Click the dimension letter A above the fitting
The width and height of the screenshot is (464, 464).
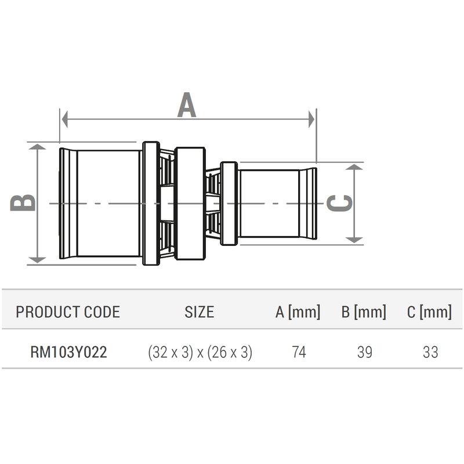pyautogui.click(x=187, y=105)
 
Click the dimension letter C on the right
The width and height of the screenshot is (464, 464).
pyautogui.click(x=340, y=203)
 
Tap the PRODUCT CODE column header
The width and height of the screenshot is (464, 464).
pyautogui.click(x=68, y=312)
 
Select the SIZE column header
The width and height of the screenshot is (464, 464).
pyautogui.click(x=199, y=312)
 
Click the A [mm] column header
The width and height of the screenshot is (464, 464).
pyautogui.click(x=298, y=312)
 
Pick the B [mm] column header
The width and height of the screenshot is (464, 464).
pyautogui.click(x=364, y=312)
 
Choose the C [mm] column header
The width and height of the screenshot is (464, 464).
pyautogui.click(x=429, y=312)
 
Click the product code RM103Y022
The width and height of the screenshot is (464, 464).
pyautogui.click(x=68, y=352)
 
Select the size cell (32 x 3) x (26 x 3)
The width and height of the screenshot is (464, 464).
pyautogui.click(x=200, y=352)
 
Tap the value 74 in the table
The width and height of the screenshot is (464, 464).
pyautogui.click(x=298, y=352)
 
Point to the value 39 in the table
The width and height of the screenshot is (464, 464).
pyautogui.click(x=364, y=352)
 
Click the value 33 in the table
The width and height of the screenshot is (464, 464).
pyautogui.click(x=430, y=352)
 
